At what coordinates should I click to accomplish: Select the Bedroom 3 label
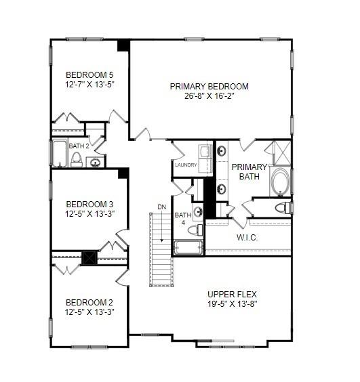pos(89,204)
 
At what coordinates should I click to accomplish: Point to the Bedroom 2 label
pos(89,302)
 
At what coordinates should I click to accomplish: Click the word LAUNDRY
pos(185,165)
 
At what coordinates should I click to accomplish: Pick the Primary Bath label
pos(250,171)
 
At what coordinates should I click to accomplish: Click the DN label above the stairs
pos(161,207)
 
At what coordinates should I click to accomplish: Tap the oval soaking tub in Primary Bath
pos(280,182)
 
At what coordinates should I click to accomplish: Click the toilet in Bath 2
pos(77,160)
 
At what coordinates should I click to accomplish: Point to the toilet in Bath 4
pos(195,230)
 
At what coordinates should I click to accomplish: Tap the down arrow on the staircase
pos(161,238)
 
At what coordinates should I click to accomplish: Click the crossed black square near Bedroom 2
pos(88,257)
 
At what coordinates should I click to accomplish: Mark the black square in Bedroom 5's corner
pos(123,45)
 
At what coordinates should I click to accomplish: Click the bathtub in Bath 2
pos(60,153)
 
